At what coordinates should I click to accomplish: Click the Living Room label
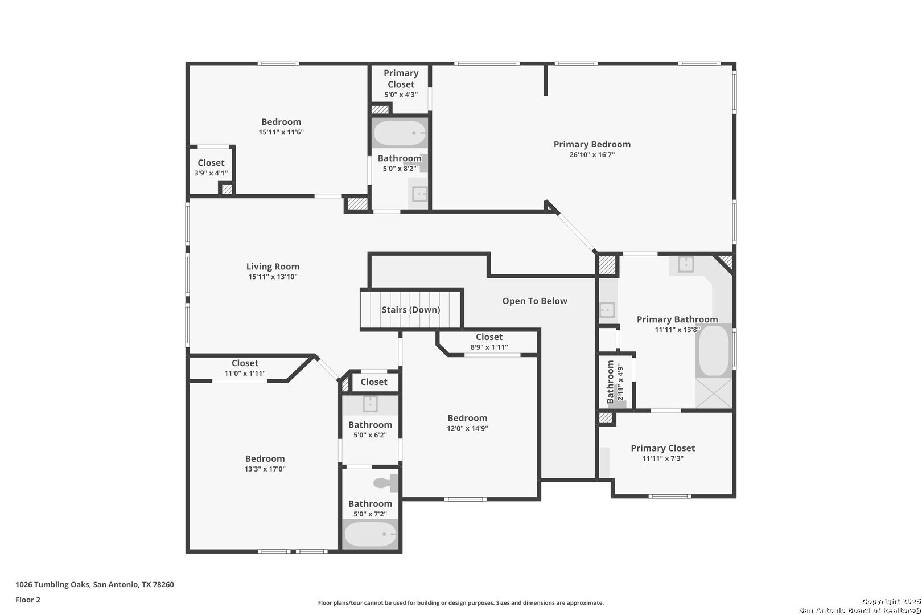pos(273,266)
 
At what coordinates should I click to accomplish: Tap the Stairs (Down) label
pos(411,310)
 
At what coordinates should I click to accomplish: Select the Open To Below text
pos(534,301)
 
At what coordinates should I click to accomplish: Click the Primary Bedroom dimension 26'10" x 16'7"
pos(592,155)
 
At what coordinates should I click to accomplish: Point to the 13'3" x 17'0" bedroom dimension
pos(265,469)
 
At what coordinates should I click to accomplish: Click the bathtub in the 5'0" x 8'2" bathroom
pos(400,133)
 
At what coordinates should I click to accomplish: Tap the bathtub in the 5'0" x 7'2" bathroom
pos(370,534)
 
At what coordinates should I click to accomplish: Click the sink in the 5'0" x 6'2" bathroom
pos(371,404)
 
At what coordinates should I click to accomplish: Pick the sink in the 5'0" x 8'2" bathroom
pos(419,194)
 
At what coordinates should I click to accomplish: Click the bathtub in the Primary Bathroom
pos(714,351)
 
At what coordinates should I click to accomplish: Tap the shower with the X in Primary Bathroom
pos(714,393)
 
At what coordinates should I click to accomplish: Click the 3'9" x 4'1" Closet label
pos(211,163)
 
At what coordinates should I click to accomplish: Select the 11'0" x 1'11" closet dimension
pos(245,374)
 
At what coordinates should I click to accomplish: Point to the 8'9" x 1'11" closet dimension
pos(489,347)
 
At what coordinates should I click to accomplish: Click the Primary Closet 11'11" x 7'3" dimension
pos(662,458)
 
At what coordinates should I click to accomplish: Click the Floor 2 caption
pos(28,600)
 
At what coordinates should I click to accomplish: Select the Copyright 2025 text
pos(891,602)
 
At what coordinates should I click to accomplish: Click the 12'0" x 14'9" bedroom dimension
pos(467,428)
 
